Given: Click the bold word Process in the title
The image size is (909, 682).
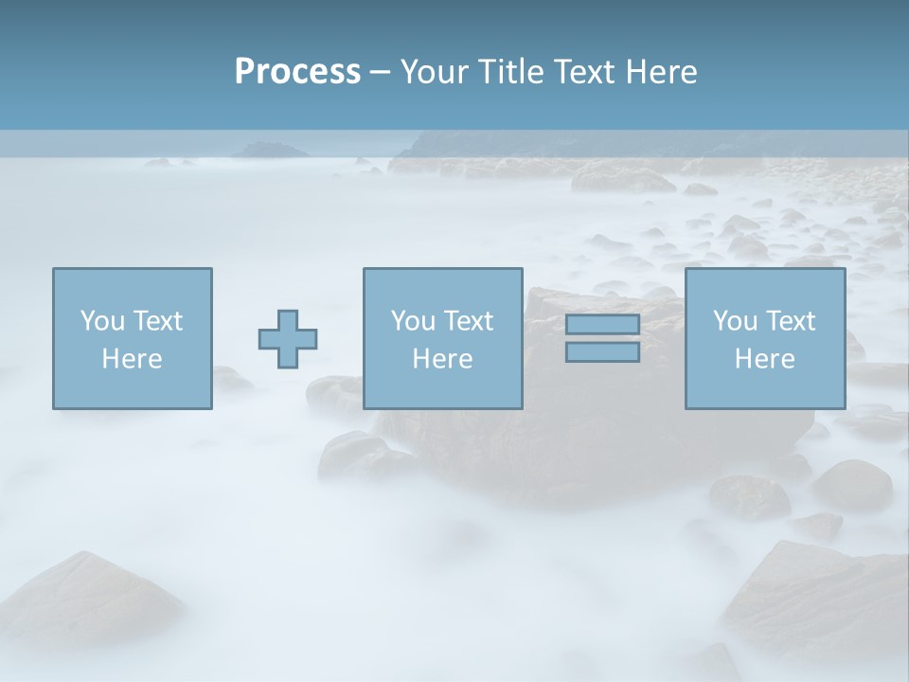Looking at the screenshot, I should click(x=297, y=72).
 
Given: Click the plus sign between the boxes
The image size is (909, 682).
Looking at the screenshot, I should click(x=288, y=338).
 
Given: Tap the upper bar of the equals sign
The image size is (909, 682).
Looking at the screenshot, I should click(x=602, y=324).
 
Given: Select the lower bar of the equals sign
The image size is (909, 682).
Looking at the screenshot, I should click(x=602, y=352).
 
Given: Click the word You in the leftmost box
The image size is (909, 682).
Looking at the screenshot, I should click(x=102, y=321).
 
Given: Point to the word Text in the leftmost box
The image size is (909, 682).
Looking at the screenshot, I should click(x=156, y=321).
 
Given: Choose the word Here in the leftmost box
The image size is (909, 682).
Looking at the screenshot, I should click(x=132, y=359).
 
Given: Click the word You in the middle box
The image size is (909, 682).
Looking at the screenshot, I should click(x=413, y=321).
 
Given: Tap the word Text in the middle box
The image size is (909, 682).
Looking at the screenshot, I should click(x=467, y=321).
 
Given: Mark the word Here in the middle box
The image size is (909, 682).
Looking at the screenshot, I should click(x=442, y=359).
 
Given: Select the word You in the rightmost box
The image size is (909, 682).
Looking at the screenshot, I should click(x=735, y=321).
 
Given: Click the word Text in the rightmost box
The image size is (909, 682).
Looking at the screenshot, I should click(x=789, y=321).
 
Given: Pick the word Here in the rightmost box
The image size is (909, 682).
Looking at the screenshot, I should click(x=764, y=359).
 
